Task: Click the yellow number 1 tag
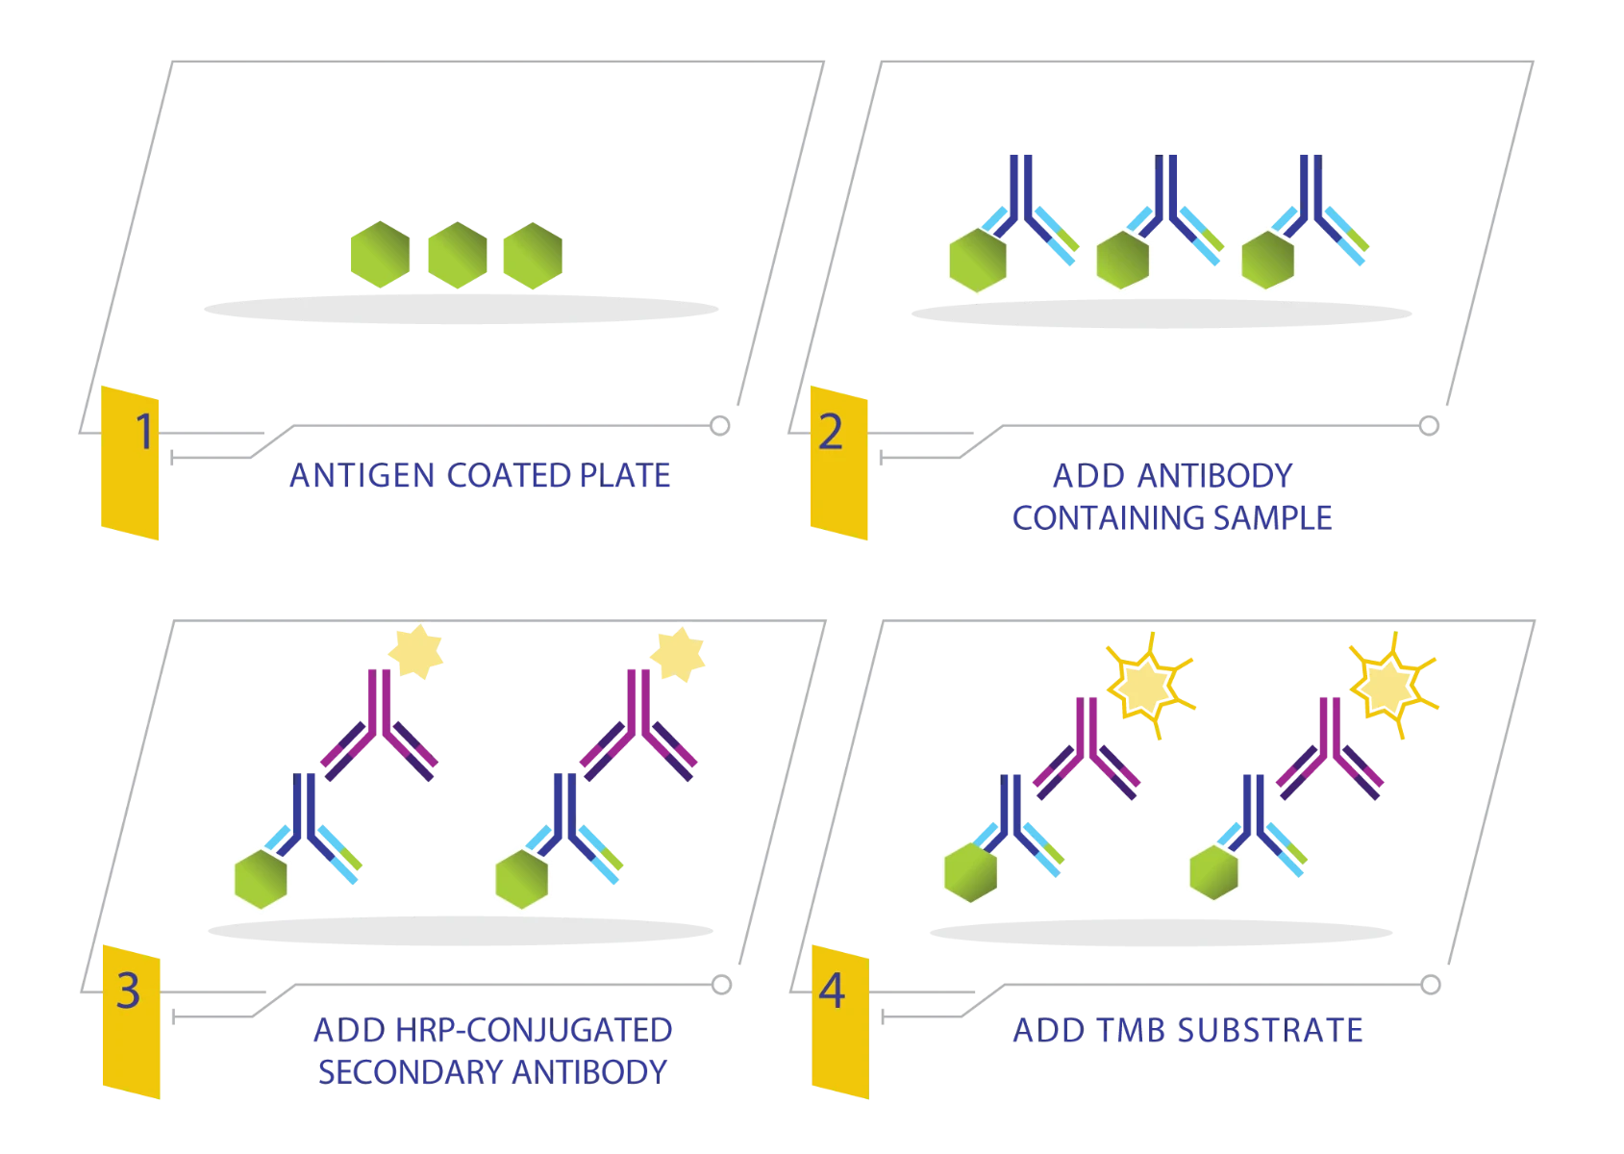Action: click(130, 463)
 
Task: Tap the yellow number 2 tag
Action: click(838, 463)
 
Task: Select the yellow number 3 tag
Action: click(131, 1022)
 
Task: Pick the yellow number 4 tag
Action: click(840, 1022)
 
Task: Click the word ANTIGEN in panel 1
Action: click(362, 476)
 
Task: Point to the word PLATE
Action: click(625, 476)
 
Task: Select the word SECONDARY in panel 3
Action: click(410, 1072)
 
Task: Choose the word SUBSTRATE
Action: click(1270, 1030)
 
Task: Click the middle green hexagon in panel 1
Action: click(458, 255)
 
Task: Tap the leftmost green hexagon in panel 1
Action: click(380, 255)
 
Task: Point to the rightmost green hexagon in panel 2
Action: click(1268, 260)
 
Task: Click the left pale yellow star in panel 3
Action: click(416, 651)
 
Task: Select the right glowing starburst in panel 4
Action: click(1392, 685)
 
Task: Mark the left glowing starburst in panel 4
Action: click(1149, 686)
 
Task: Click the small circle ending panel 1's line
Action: click(720, 426)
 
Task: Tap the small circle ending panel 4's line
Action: click(1431, 985)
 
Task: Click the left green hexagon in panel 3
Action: click(261, 879)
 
